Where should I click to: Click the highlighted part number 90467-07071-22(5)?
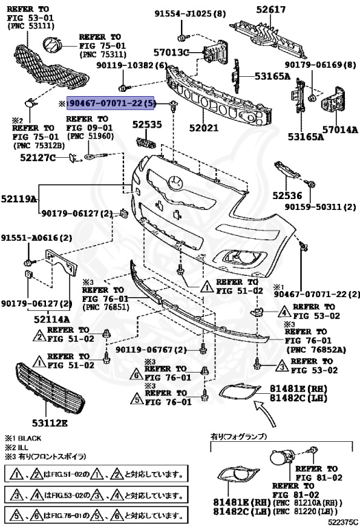pos(112,104)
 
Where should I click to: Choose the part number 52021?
pos(204,128)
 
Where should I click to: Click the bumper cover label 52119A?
pos(19,199)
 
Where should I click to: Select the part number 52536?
pos(291,196)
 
